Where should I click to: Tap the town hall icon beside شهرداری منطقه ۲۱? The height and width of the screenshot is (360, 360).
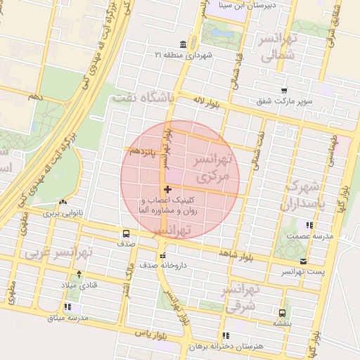[163, 54]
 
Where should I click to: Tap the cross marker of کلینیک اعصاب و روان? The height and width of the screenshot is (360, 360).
[167, 189]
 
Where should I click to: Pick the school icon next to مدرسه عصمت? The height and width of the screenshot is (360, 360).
[309, 225]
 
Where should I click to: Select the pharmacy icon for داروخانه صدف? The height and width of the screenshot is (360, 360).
[162, 256]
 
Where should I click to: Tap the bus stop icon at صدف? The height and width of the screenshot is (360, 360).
[126, 233]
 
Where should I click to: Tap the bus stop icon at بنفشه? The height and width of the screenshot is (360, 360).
[282, 313]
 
